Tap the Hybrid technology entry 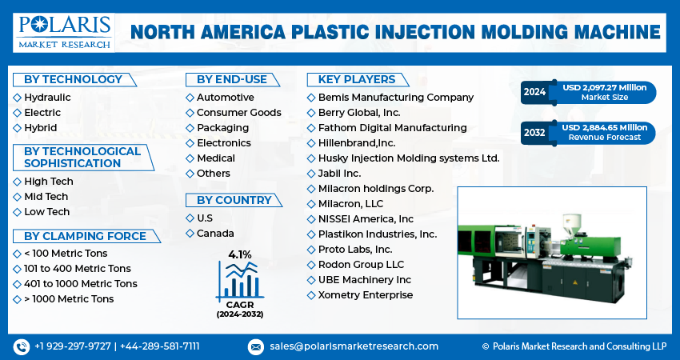(x=40, y=128)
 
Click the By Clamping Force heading (x=85, y=236)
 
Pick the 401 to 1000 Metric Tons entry (x=80, y=284)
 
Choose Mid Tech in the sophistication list (x=46, y=197)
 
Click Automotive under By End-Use (x=225, y=98)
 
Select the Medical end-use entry (x=215, y=158)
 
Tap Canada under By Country (x=214, y=234)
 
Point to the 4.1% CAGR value (x=239, y=254)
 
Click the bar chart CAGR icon (x=239, y=280)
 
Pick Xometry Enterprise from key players (x=366, y=295)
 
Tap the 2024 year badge (x=535, y=92)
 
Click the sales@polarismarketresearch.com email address (x=353, y=346)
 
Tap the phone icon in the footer (x=21, y=346)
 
